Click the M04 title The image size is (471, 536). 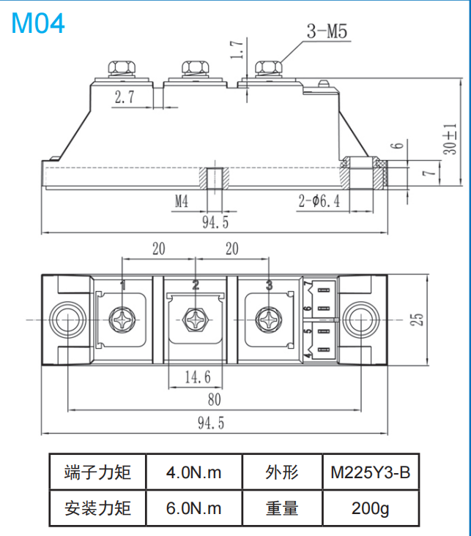pos(38,23)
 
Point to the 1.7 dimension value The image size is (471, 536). pos(235,49)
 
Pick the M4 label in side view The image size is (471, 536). pos(181,201)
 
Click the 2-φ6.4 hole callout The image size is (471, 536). pos(319,201)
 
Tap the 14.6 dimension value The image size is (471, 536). pos(197,377)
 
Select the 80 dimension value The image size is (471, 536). pos(214,400)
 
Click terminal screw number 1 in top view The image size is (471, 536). pos(122,320)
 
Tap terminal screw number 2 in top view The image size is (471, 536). pos(196,320)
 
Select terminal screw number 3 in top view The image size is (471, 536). pos(269,320)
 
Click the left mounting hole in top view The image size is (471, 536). pos(67,320)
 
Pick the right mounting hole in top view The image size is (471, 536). pos(361,320)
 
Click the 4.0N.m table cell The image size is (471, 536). pos(193,472)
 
